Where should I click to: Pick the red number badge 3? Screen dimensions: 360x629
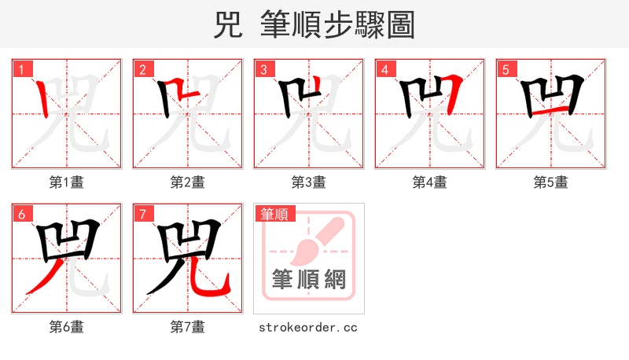263,70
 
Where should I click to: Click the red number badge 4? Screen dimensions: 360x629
384,70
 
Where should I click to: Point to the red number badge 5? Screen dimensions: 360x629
506,70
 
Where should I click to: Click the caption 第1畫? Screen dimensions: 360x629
67,182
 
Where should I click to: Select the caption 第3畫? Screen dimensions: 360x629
309,182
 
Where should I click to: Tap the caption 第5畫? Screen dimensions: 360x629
551,182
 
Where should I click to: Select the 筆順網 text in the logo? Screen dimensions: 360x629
309,279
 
